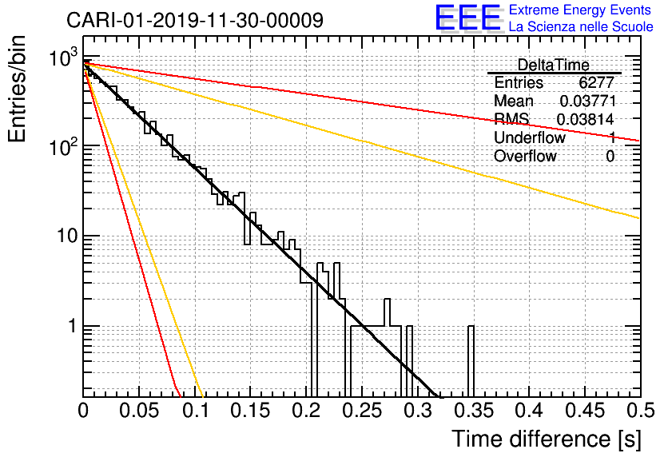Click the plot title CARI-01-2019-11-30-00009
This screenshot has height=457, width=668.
click(x=195, y=20)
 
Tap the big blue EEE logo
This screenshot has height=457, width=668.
click(x=467, y=18)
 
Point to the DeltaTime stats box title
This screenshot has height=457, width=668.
click(x=553, y=65)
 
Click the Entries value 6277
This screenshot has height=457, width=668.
click(x=597, y=83)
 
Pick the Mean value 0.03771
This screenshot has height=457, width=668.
click(x=586, y=101)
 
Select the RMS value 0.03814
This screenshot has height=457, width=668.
click(x=586, y=120)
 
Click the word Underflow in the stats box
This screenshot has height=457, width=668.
click(x=529, y=138)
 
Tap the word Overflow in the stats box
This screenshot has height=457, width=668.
click(x=525, y=157)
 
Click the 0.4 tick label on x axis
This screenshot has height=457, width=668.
click(x=528, y=412)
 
